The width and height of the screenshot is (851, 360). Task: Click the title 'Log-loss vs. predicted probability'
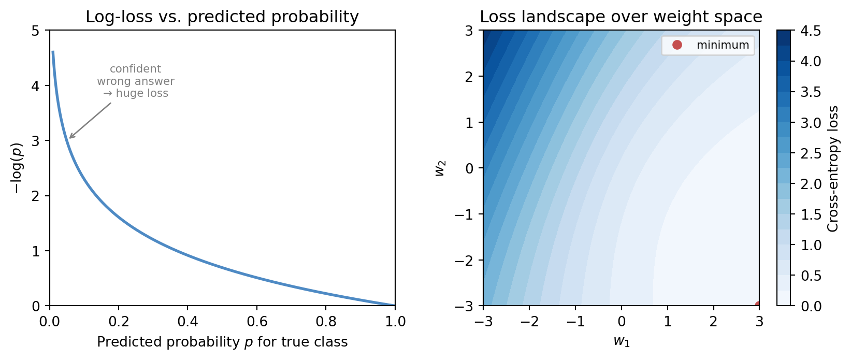222,17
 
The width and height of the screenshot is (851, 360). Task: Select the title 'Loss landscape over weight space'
621,17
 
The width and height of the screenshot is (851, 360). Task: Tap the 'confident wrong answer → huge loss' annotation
136,81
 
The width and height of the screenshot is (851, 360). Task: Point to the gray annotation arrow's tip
69,139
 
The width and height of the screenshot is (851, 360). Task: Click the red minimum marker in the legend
677,45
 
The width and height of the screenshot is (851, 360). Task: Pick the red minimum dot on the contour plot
758,305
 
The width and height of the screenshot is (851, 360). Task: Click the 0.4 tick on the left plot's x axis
187,322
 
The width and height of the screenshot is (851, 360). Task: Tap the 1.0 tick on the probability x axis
395,322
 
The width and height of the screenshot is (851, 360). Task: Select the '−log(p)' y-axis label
18,168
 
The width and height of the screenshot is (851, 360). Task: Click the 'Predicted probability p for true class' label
222,342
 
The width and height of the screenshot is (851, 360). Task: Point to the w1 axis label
621,341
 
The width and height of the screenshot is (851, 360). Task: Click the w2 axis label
441,168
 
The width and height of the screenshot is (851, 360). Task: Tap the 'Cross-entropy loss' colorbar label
833,168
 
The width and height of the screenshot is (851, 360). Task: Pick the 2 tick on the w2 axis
472,77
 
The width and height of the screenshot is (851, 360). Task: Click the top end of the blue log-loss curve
53,52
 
